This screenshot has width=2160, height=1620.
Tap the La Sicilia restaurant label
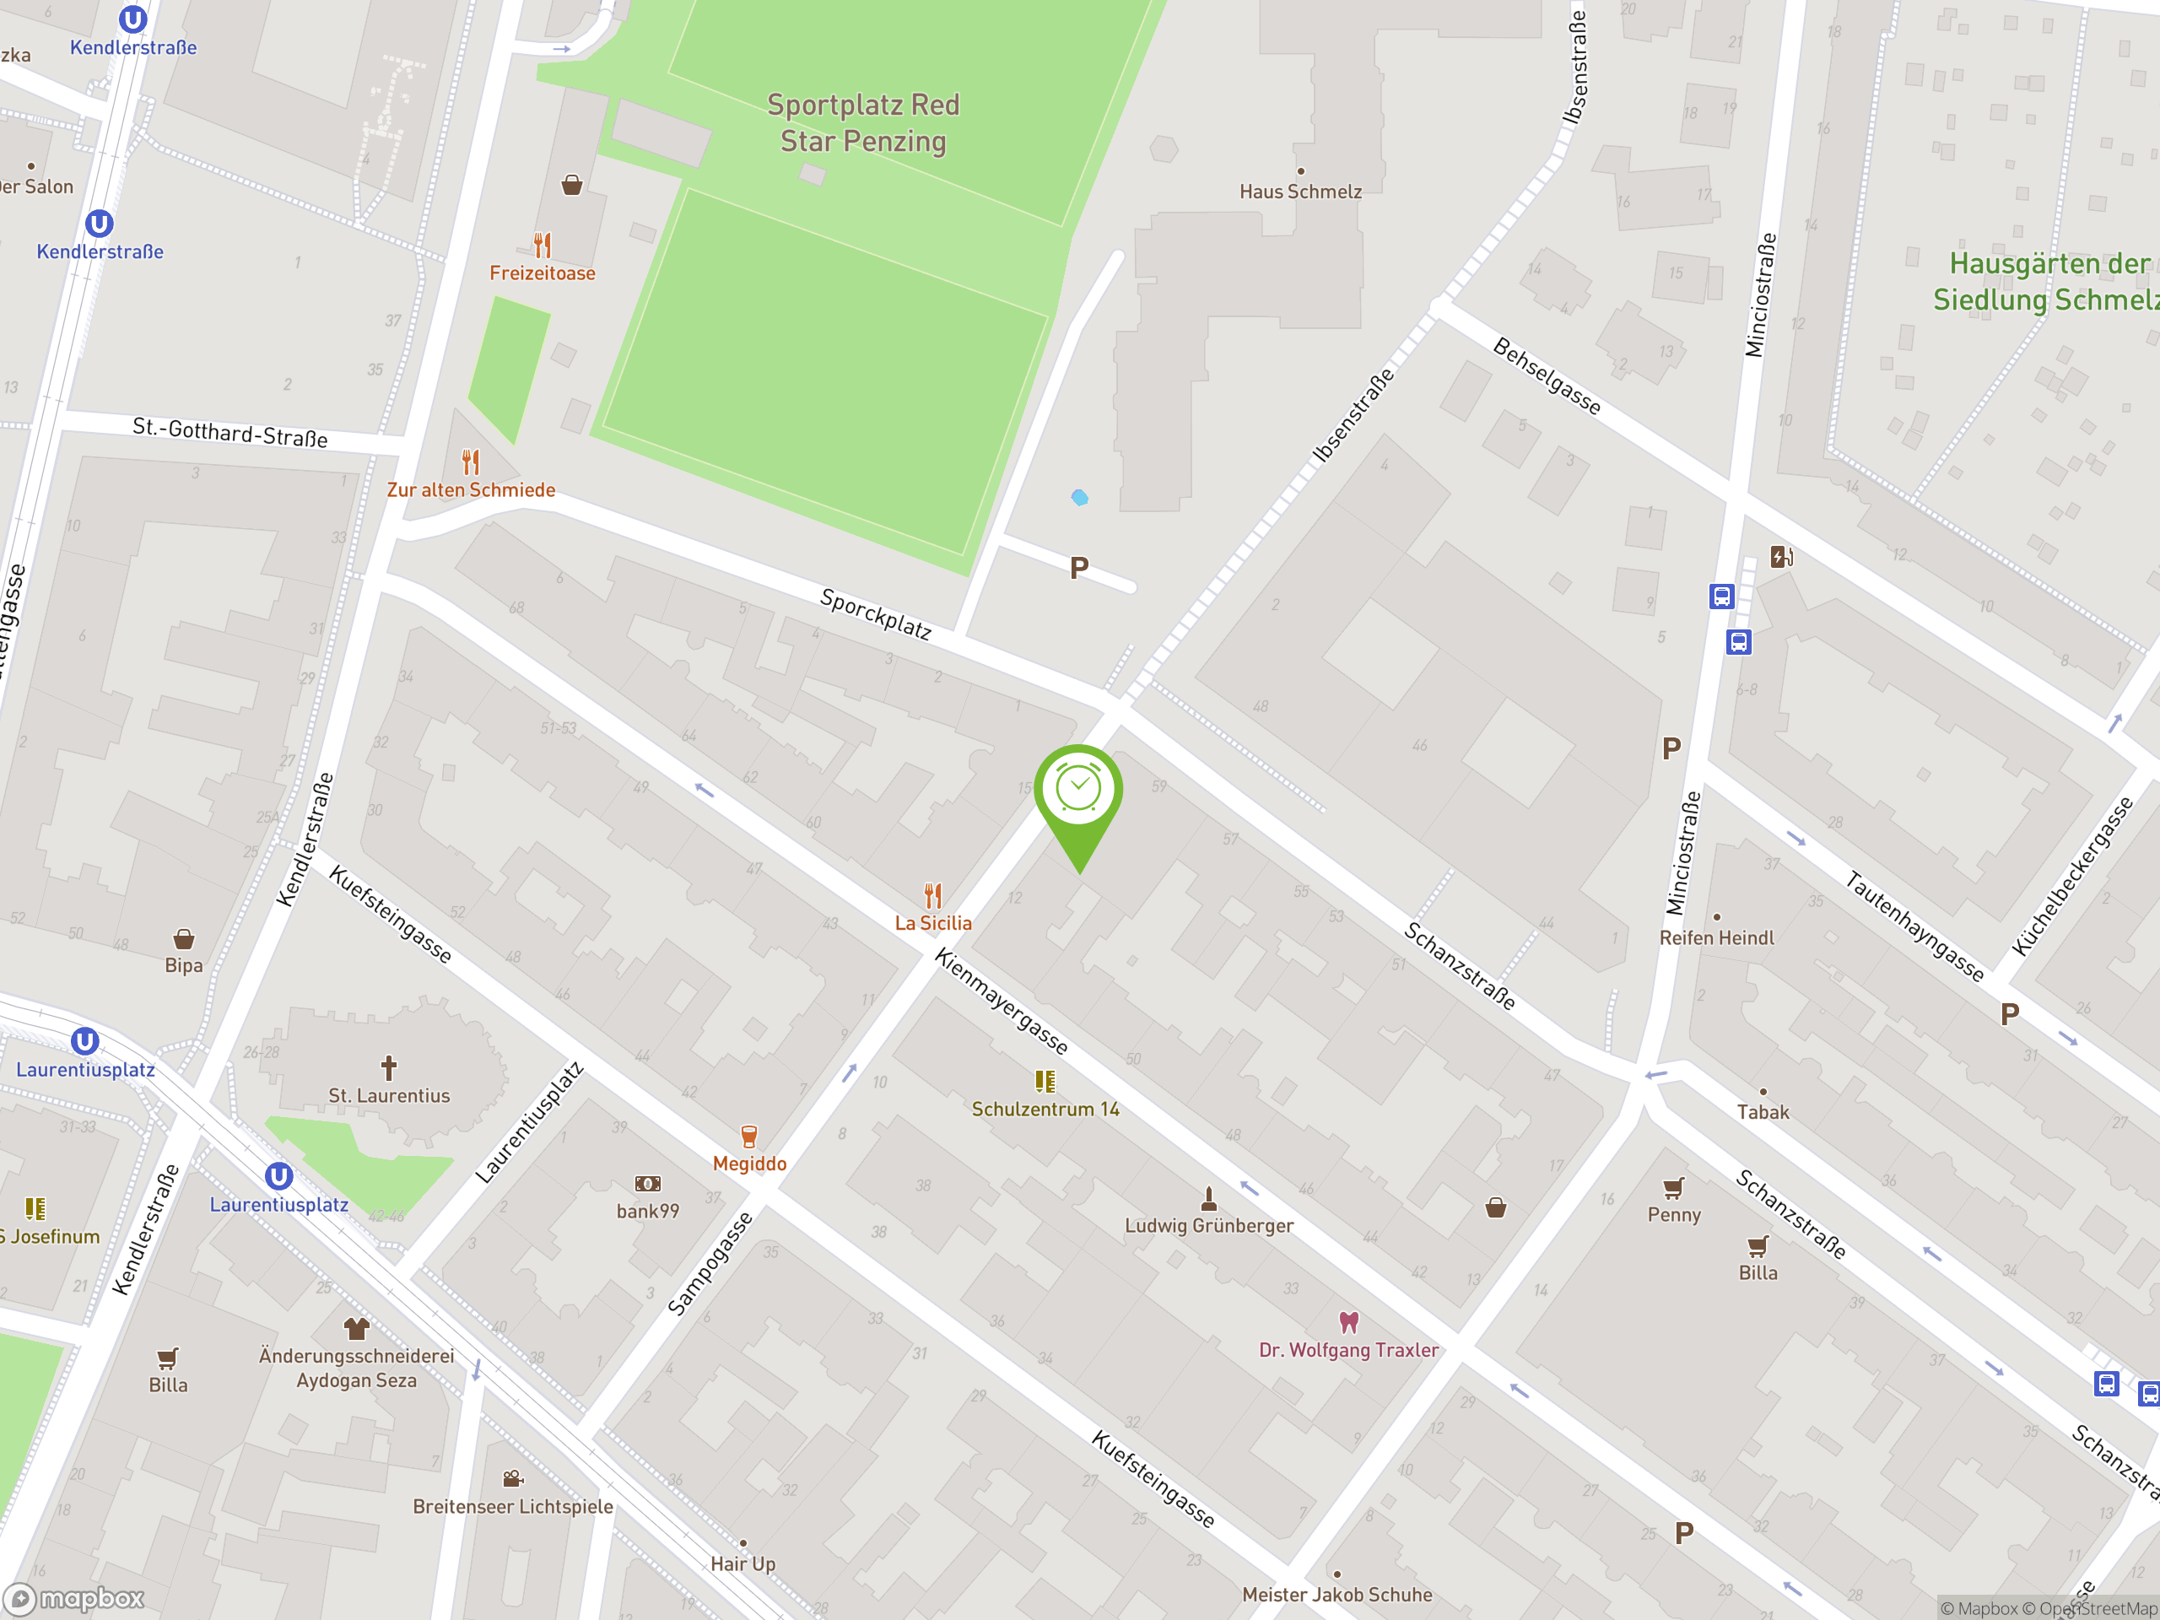point(933,923)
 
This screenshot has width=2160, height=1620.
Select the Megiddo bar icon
point(749,1136)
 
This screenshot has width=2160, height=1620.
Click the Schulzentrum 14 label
point(1045,1110)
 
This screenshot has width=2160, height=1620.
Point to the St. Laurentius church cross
point(389,1067)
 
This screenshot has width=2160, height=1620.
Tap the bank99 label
point(647,1211)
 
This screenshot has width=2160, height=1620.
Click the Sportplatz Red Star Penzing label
point(863,123)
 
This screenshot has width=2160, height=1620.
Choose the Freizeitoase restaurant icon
point(543,244)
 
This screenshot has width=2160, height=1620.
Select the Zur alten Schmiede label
point(471,490)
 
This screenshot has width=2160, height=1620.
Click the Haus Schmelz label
point(1299,192)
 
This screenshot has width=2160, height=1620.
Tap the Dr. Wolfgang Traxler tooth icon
point(1348,1322)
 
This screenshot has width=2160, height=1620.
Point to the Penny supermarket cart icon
point(1674,1187)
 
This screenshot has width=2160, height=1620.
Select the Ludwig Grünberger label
point(1209,1225)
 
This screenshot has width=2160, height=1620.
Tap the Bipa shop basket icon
point(184,939)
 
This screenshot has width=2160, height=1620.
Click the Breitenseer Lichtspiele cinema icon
point(513,1478)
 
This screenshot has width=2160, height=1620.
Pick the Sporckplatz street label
point(876,613)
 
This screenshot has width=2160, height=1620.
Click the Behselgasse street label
point(1547,376)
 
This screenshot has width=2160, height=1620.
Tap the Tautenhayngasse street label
point(1914,926)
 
